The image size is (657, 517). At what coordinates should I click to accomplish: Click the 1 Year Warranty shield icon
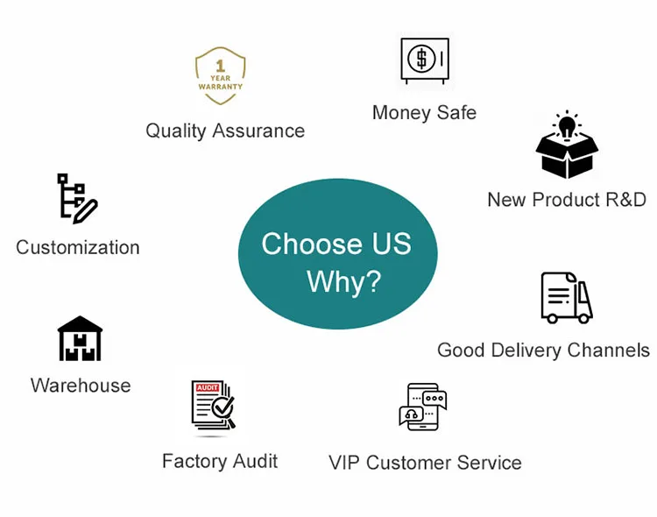click(x=220, y=76)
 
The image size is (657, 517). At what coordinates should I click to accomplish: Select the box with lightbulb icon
click(x=567, y=146)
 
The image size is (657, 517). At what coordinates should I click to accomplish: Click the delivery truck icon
click(x=566, y=298)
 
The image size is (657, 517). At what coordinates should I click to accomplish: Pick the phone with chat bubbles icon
click(x=423, y=407)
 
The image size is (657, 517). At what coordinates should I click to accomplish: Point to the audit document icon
click(x=213, y=405)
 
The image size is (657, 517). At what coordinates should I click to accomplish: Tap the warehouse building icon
click(x=80, y=339)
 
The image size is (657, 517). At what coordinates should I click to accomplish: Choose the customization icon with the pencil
click(x=76, y=198)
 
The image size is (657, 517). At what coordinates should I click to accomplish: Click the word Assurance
click(x=260, y=131)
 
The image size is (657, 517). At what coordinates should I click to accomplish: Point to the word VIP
click(x=344, y=463)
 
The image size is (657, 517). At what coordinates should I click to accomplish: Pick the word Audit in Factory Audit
click(x=255, y=461)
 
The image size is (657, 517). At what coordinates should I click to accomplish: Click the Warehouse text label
click(x=81, y=386)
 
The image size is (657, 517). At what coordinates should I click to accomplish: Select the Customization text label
click(x=78, y=248)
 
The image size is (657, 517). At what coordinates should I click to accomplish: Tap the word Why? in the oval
click(x=343, y=282)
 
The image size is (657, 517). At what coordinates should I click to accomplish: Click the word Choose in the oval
click(x=310, y=244)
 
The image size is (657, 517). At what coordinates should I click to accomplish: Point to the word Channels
click(x=608, y=351)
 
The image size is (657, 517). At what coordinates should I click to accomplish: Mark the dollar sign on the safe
click(x=422, y=60)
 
